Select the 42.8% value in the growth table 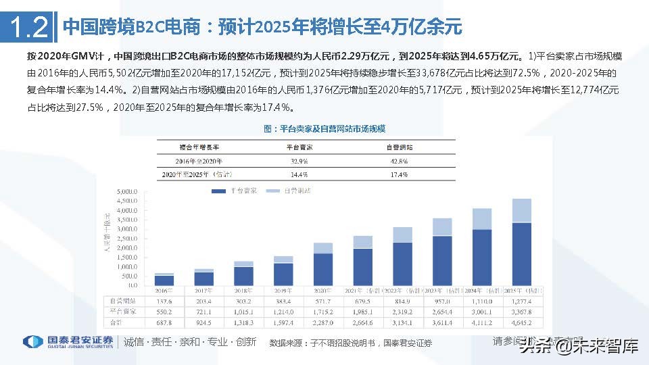398,161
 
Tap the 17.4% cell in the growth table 398,174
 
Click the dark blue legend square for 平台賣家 218,191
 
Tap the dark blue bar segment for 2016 164,280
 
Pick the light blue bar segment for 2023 443,226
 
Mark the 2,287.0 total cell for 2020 323,323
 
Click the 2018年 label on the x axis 244,290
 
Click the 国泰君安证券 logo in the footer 68,342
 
